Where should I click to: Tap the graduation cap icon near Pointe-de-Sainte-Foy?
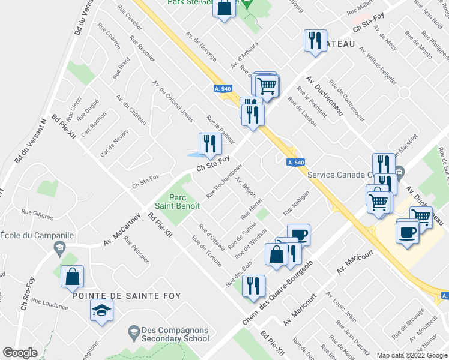[101, 311]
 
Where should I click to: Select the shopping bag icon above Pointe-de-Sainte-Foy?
[72, 277]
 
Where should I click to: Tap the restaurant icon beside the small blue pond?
[209, 144]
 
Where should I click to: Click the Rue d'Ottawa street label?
[211, 238]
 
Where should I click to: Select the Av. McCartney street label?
[122, 230]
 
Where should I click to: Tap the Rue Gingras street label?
[34, 211]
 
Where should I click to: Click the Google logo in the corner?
[19, 353]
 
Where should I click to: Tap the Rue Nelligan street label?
[296, 203]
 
